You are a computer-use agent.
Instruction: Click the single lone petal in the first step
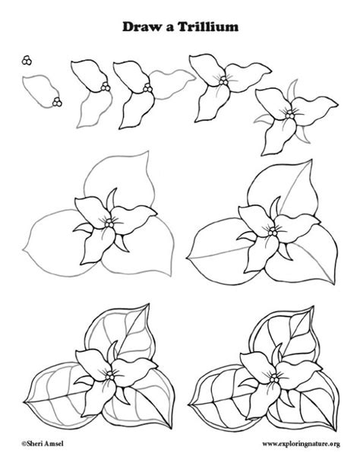[39, 90]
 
